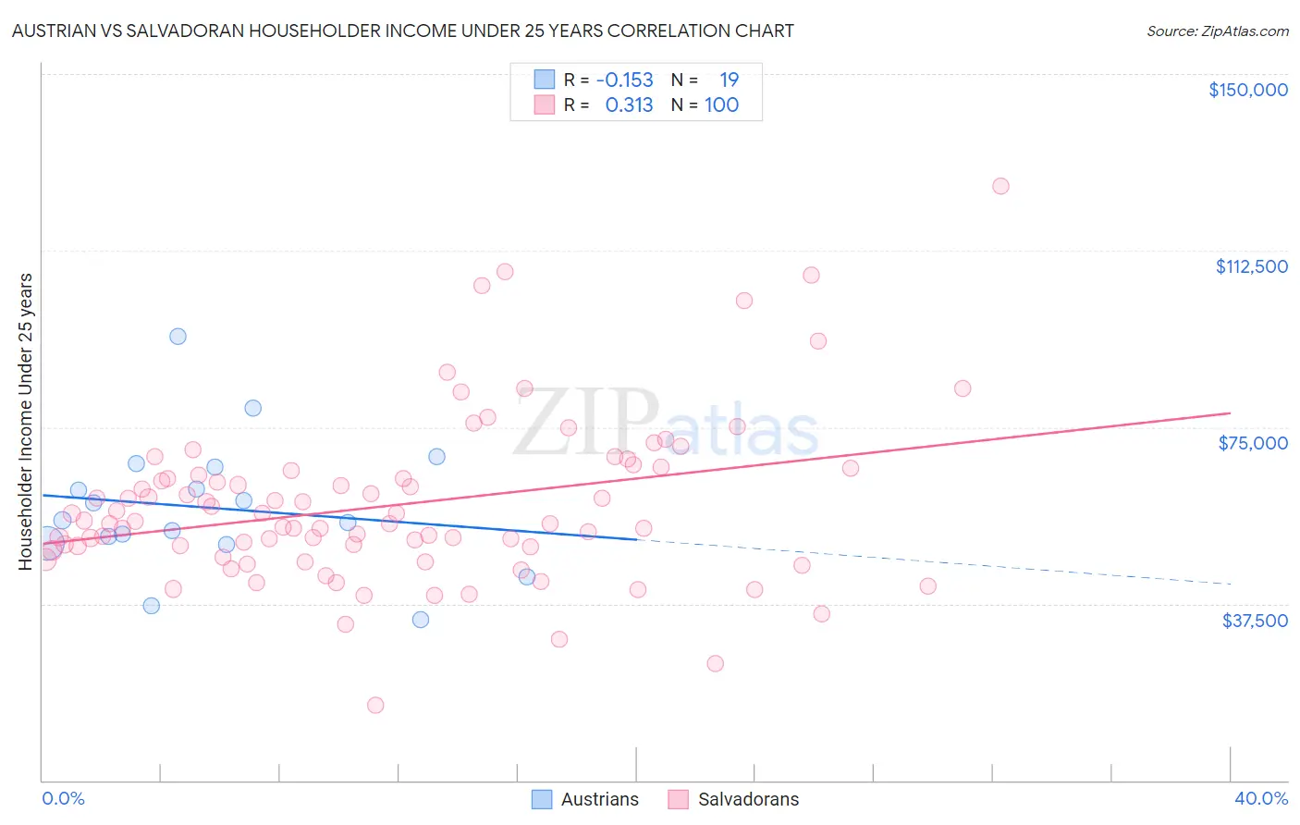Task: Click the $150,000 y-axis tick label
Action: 1247,90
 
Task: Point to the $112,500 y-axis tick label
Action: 1251,266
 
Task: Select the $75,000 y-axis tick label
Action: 1253,443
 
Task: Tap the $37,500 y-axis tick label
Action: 1255,621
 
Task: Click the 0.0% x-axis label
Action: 63,798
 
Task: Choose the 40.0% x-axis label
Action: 1261,798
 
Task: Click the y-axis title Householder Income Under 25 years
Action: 26,421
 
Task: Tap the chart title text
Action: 402,31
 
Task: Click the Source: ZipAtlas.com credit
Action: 1217,31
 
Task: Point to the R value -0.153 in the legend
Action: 624,80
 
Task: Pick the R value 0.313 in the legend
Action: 629,105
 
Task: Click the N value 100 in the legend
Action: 721,105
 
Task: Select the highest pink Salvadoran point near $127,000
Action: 1000,186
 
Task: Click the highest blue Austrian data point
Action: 178,337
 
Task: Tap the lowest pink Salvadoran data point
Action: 375,705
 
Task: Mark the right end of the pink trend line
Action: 1230,412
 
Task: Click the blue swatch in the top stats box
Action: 545,80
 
